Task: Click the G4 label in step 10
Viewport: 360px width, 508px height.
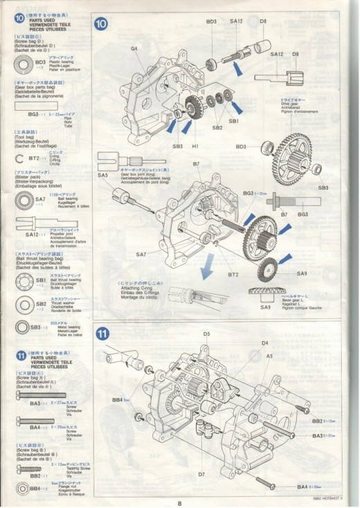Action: pyautogui.click(x=134, y=48)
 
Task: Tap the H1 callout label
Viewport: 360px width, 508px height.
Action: pyautogui.click(x=196, y=147)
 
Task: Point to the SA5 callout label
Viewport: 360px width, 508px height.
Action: pyautogui.click(x=103, y=176)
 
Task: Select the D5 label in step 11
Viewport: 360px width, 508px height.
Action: pyautogui.click(x=206, y=334)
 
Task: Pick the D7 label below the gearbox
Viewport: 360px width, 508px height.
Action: pyautogui.click(x=201, y=475)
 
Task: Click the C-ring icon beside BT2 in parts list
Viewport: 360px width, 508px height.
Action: pyautogui.click(x=21, y=158)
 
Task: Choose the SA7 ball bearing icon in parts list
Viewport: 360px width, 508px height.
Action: pyautogui.click(x=22, y=201)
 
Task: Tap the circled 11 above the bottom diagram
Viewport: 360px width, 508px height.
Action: pyautogui.click(x=102, y=332)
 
